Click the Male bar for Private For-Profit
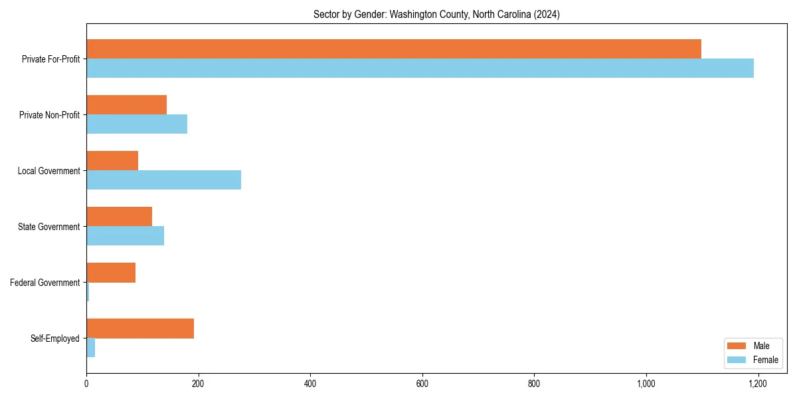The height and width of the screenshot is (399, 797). pos(394,49)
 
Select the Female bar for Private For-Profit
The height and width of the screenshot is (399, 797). pos(420,68)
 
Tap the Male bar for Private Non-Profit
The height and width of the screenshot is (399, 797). pos(126,105)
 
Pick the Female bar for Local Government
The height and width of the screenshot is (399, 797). pos(163,180)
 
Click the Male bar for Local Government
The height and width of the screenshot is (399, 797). pos(112,161)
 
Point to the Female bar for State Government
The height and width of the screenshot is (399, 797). pos(125,236)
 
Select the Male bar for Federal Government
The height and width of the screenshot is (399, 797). pos(111,273)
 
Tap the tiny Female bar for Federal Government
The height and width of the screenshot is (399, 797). pos(88,292)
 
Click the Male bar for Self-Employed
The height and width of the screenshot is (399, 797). pos(140,329)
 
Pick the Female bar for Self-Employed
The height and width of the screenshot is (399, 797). pos(91,348)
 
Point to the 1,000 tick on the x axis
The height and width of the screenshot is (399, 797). pos(646,384)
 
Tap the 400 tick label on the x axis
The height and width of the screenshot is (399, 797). pos(310,384)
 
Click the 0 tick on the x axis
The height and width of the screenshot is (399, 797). pos(86,384)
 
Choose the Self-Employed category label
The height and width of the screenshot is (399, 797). pos(55,338)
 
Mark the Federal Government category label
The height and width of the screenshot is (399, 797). pos(45,283)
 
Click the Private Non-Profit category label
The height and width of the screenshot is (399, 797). pos(49,115)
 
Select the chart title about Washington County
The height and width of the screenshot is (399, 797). pos(436,15)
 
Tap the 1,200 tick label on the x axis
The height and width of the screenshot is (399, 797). pos(758,384)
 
